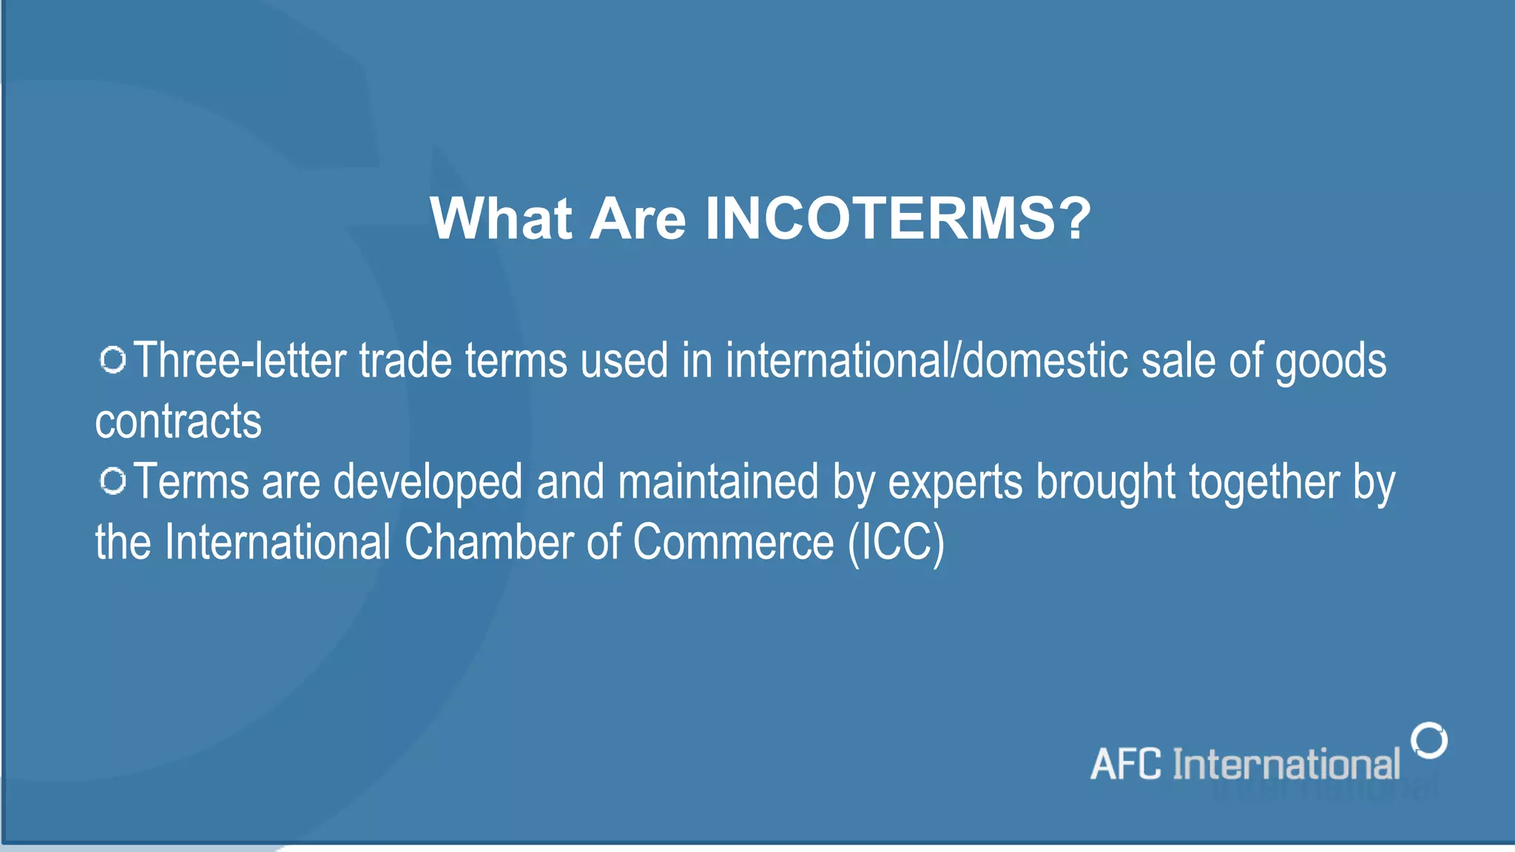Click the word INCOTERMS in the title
coord(880,219)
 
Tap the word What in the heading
coord(501,219)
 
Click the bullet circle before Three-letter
coord(113,360)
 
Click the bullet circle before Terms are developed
coord(113,481)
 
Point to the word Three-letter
coord(240,361)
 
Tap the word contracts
coord(178,422)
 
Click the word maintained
coord(718,482)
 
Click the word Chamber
coord(489,543)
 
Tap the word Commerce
coord(733,543)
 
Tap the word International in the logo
coord(1286,765)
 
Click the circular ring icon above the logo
coord(1429,740)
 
